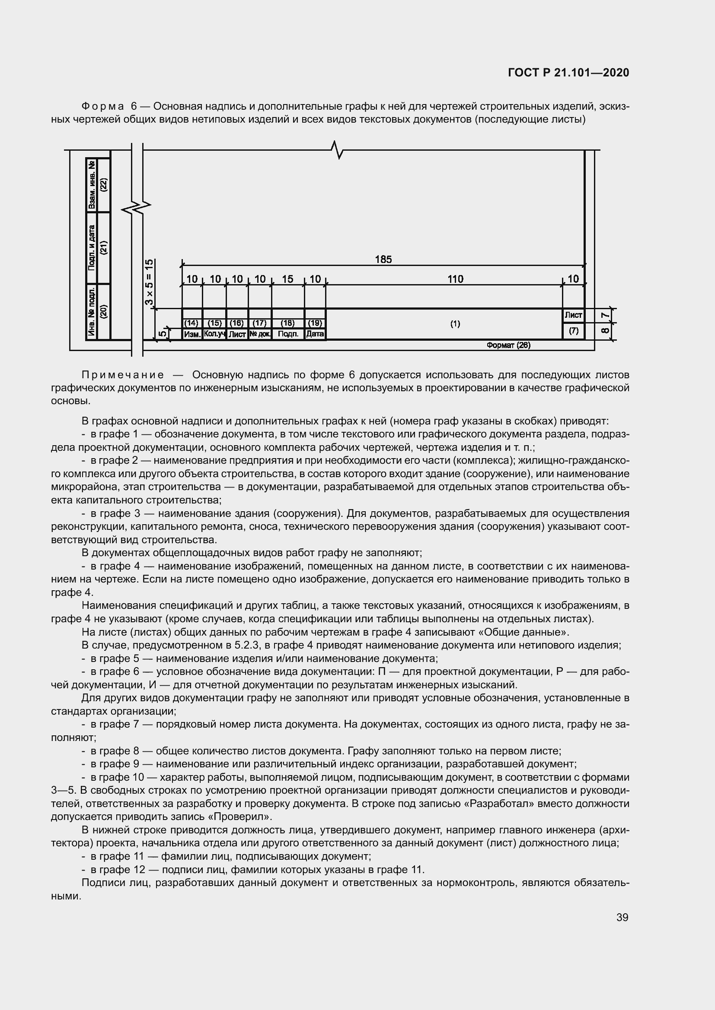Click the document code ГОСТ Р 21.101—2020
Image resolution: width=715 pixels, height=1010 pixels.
coord(568,73)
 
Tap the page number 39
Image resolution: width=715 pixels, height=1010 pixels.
coord(622,917)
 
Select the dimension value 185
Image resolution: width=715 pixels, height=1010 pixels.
coord(383,260)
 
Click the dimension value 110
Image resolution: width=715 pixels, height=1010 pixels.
coord(455,279)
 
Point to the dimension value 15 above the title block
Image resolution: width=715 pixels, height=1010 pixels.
coord(287,279)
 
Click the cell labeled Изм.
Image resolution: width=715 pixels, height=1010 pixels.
coord(192,334)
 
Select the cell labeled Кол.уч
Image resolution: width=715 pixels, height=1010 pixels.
coord(214,334)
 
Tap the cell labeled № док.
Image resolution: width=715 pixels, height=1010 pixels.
coord(260,334)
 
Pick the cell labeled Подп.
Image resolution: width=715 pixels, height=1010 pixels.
coord(288,334)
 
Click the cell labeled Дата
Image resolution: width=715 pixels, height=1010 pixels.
coord(315,334)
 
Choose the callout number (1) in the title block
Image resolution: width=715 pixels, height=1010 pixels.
coord(455,324)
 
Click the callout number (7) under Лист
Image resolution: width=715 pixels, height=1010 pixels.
coord(573,331)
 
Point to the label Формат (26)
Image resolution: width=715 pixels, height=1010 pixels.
coord(508,345)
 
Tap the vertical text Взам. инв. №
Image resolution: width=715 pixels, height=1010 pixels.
coord(92,185)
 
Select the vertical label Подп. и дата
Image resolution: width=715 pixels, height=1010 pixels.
coord(92,248)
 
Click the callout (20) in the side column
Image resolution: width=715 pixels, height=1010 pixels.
coord(103,311)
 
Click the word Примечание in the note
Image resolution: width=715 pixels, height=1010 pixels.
coord(123,375)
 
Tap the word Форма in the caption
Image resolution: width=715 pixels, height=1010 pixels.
coord(103,107)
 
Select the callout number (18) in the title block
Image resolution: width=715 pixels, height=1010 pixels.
coord(287,323)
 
